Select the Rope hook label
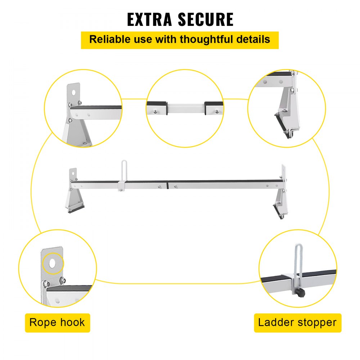coord(57,322)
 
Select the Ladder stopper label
coord(297,322)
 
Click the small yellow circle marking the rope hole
coord(53,264)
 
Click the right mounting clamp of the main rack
coord(280,205)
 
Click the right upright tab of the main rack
coord(284,172)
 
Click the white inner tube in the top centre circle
coord(185,108)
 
